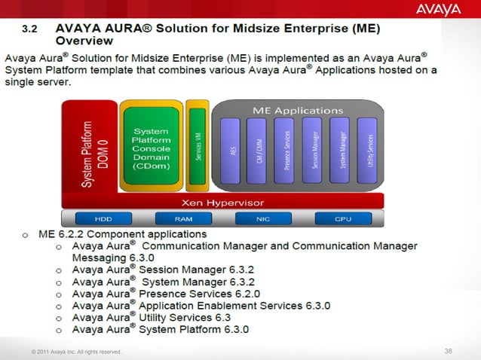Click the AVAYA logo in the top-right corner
click(437, 9)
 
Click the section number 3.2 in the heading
click(29, 29)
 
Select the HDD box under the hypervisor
click(103, 218)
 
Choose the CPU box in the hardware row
click(343, 218)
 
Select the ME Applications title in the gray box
click(298, 111)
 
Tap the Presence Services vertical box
click(287, 151)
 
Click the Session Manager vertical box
click(314, 151)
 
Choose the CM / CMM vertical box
click(259, 151)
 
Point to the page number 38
click(449, 351)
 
